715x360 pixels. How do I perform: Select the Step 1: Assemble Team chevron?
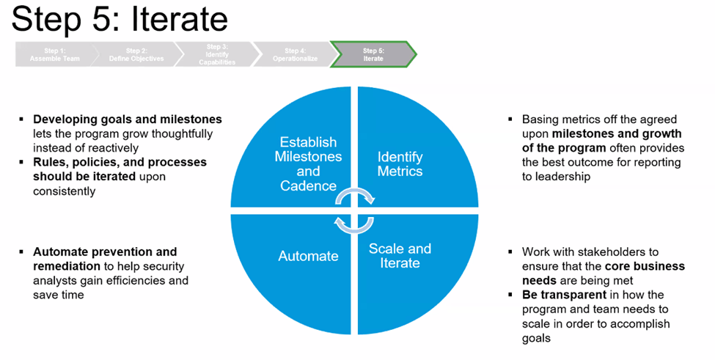(54, 54)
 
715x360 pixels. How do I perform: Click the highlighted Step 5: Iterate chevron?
(373, 54)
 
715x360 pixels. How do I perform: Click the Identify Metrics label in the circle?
(400, 164)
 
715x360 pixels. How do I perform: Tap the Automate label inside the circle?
(308, 256)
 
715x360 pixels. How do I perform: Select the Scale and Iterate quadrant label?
(400, 255)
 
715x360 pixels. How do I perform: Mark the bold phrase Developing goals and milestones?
(127, 119)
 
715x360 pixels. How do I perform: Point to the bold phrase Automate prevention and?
(105, 252)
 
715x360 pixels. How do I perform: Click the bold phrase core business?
(645, 265)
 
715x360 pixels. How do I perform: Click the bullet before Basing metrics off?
(510, 120)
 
